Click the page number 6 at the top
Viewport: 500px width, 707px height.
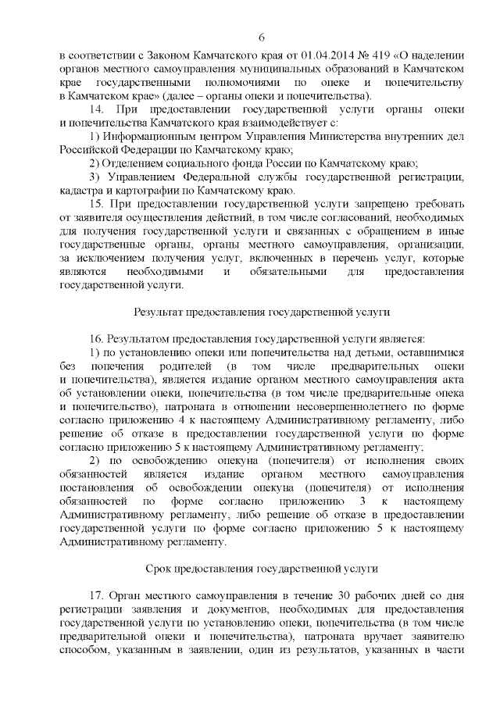(262, 37)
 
